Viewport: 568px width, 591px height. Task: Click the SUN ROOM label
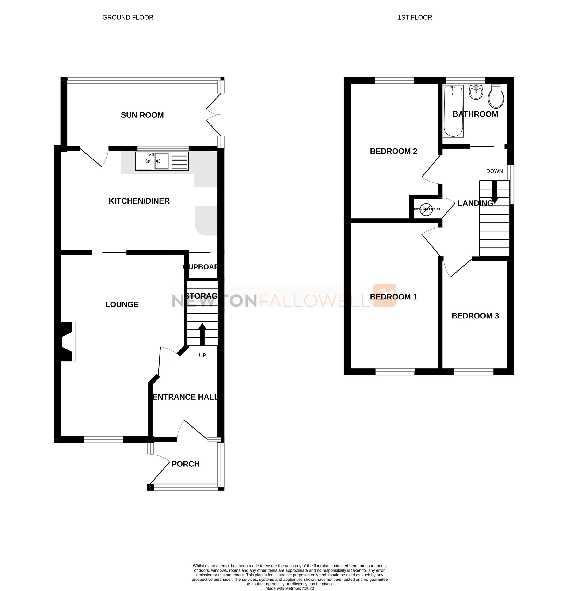pyautogui.click(x=142, y=115)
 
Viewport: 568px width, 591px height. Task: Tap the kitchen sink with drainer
pyautogui.click(x=162, y=161)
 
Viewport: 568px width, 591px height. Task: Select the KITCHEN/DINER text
pyautogui.click(x=139, y=201)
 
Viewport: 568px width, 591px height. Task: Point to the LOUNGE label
pyautogui.click(x=122, y=304)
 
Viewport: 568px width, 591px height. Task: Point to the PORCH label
pyautogui.click(x=186, y=464)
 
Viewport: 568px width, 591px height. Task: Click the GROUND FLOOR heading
pyautogui.click(x=128, y=18)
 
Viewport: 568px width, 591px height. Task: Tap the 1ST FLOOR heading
pyautogui.click(x=415, y=18)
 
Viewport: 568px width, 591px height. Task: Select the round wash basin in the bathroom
pyautogui.click(x=476, y=92)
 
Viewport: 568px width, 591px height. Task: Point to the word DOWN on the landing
pyautogui.click(x=494, y=171)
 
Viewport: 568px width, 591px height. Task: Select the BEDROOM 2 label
pyautogui.click(x=393, y=151)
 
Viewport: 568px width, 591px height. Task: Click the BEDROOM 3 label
pyautogui.click(x=475, y=316)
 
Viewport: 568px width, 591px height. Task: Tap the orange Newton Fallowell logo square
pyautogui.click(x=384, y=295)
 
